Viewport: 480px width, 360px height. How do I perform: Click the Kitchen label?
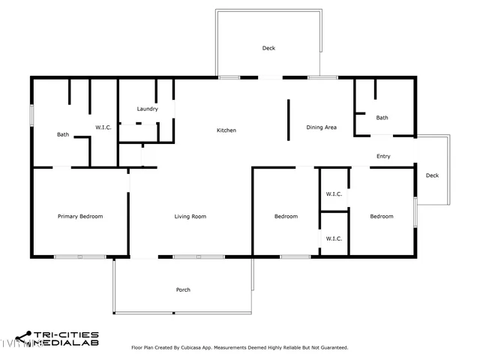point(226,130)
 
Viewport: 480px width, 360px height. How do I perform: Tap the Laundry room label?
point(147,109)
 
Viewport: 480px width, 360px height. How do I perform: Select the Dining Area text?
point(321,127)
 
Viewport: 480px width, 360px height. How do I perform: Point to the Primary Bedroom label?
point(80,217)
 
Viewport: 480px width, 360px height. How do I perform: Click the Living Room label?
point(190,217)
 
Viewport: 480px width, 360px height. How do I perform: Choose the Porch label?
point(183,289)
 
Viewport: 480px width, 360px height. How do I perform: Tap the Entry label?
point(383,157)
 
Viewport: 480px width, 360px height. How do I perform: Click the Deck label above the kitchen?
point(268,48)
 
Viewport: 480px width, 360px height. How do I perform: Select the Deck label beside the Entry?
point(432,175)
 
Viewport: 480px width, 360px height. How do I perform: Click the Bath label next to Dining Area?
point(382,118)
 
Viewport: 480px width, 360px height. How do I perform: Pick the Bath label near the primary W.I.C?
point(63,135)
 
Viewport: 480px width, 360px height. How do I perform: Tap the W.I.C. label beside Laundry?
point(103,127)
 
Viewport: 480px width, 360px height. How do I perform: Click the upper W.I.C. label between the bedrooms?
point(334,194)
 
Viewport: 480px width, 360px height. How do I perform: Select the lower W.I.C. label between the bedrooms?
point(334,238)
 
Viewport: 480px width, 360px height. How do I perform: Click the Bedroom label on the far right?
point(382,217)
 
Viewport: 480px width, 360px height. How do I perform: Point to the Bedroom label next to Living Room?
point(286,217)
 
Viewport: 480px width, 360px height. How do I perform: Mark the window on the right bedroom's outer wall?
point(415,211)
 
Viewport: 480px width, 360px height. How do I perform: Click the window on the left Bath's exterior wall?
point(31,115)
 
